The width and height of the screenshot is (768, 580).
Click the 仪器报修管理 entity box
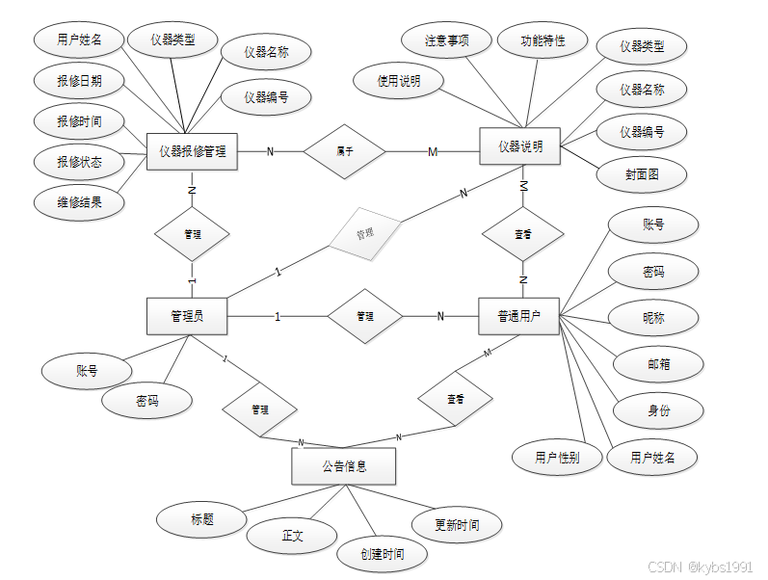[192, 151]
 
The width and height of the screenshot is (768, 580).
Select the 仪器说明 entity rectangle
[519, 146]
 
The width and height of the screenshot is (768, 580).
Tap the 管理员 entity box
[187, 316]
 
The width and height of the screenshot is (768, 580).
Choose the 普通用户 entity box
[518, 316]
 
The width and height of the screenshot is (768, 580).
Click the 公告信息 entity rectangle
[343, 466]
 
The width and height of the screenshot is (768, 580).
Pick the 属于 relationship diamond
[344, 150]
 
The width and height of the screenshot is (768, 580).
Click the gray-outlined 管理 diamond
[365, 232]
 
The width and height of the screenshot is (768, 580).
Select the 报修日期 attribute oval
[79, 81]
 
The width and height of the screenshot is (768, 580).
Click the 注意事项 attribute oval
[447, 41]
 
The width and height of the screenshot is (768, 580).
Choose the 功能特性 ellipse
[543, 41]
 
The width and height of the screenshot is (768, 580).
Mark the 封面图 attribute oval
[641, 174]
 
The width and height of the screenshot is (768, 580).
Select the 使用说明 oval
[398, 82]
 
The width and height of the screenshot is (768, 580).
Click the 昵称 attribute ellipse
[653, 316]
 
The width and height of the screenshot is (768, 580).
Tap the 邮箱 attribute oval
[658, 364]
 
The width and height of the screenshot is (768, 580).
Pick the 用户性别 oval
[557, 457]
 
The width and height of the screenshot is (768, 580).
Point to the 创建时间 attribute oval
[382, 554]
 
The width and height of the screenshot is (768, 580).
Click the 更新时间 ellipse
[456, 525]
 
